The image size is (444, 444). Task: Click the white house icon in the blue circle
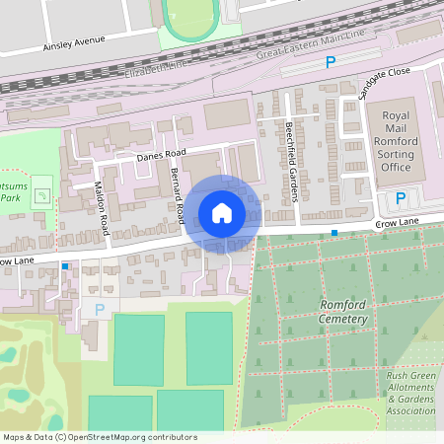[x=222, y=212]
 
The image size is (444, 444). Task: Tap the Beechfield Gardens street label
[x=291, y=160]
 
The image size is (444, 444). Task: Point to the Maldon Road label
[x=100, y=210]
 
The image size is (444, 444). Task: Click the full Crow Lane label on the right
[x=397, y=227]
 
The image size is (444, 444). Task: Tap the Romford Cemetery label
[x=343, y=313]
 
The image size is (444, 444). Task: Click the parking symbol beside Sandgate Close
[x=331, y=62]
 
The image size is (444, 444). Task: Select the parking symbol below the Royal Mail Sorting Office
[x=400, y=198]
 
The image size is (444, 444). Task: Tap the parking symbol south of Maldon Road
[x=99, y=310]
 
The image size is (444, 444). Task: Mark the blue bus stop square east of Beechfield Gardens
[x=334, y=233]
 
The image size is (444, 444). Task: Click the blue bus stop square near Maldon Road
[x=65, y=266]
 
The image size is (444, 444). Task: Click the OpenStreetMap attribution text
[x=100, y=437]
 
